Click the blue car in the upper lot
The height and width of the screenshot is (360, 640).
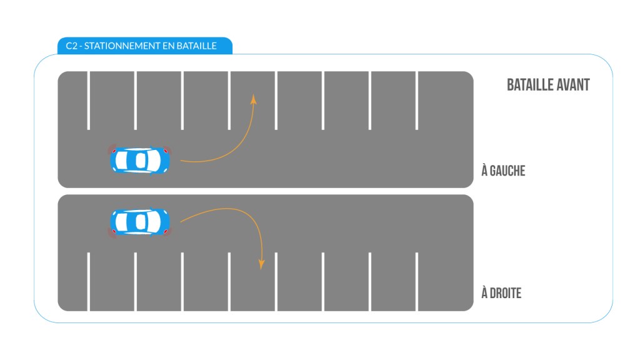pyautogui.click(x=139, y=160)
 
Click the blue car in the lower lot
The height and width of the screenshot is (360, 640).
pyautogui.click(x=139, y=222)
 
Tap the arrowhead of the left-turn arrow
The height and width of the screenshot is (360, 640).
pyautogui.click(x=254, y=99)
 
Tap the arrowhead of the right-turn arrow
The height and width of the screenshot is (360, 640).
pyautogui.click(x=262, y=264)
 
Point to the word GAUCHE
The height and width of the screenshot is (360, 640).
pyautogui.click(x=507, y=171)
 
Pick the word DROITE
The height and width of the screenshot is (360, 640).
pyautogui.click(x=505, y=293)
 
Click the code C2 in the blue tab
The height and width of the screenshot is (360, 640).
pyautogui.click(x=71, y=46)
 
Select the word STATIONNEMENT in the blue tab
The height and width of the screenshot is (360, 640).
pyautogui.click(x=122, y=46)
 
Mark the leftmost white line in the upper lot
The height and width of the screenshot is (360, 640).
pyautogui.click(x=89, y=101)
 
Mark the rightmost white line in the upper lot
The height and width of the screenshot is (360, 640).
pyautogui.click(x=417, y=101)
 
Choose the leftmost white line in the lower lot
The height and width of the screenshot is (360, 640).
pyautogui.click(x=89, y=282)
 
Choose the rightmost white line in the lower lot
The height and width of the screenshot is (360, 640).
pyautogui.click(x=417, y=282)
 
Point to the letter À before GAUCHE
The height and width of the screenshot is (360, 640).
pyautogui.click(x=484, y=170)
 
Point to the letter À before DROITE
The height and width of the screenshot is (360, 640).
pyautogui.click(x=484, y=292)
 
